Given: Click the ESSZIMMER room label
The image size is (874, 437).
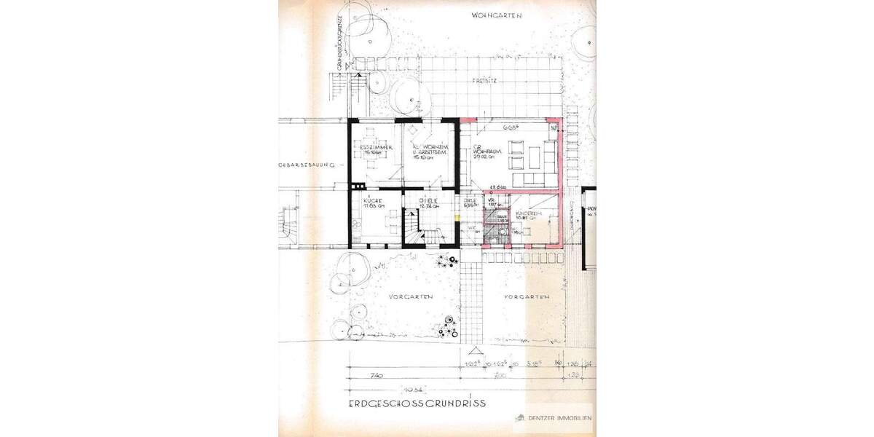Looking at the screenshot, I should [376, 148].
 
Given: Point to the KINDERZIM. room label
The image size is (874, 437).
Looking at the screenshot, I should [526, 213].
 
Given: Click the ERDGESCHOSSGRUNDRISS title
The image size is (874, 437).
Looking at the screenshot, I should [417, 402].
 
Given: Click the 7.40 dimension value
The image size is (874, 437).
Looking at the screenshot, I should [377, 375].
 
